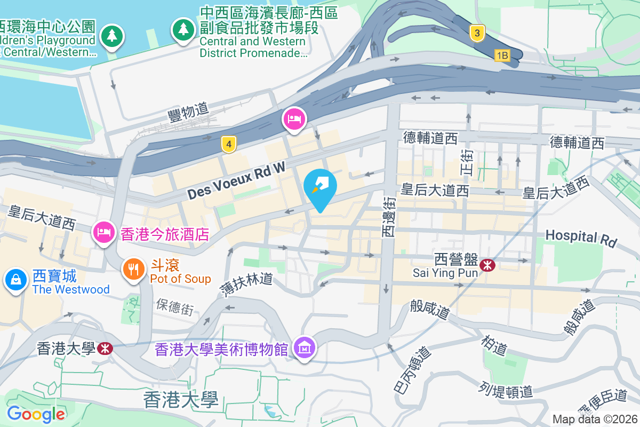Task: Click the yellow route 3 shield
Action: pyautogui.click(x=477, y=34)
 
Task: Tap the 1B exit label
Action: pyautogui.click(x=502, y=55)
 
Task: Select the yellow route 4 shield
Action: pyautogui.click(x=229, y=144)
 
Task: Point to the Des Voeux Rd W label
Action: pyautogui.click(x=236, y=181)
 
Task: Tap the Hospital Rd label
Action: pyautogui.click(x=580, y=238)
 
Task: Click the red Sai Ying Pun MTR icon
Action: pyautogui.click(x=486, y=265)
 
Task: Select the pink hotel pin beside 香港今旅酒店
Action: pyautogui.click(x=103, y=232)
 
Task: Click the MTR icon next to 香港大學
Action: pyautogui.click(x=105, y=349)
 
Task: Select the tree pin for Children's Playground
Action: pyautogui.click(x=111, y=36)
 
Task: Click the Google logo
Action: pyautogui.click(x=36, y=414)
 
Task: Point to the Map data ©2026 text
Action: pyautogui.click(x=595, y=419)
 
